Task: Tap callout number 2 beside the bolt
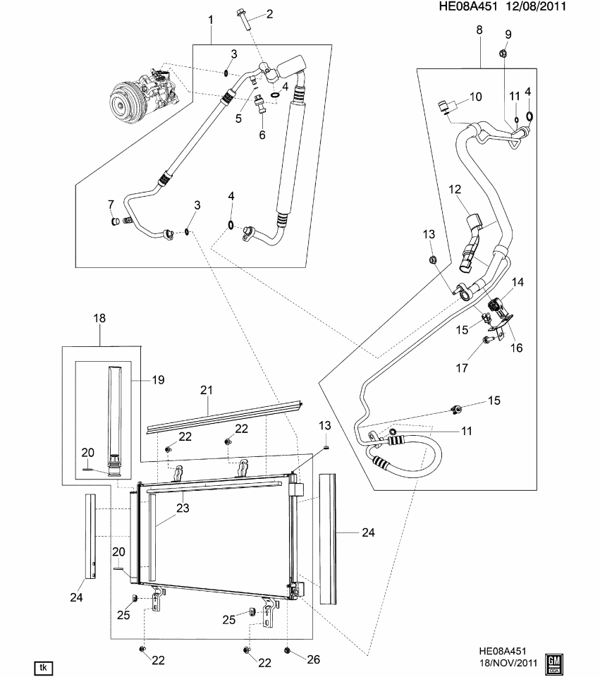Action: [x=269, y=15]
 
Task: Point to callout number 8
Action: [x=479, y=30]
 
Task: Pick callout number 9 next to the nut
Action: [x=508, y=35]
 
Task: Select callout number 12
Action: [x=455, y=190]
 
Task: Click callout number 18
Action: [x=99, y=319]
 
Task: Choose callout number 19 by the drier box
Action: [x=159, y=380]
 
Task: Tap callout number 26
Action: [x=314, y=660]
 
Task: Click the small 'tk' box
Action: [x=44, y=666]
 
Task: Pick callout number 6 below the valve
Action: [x=262, y=135]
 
